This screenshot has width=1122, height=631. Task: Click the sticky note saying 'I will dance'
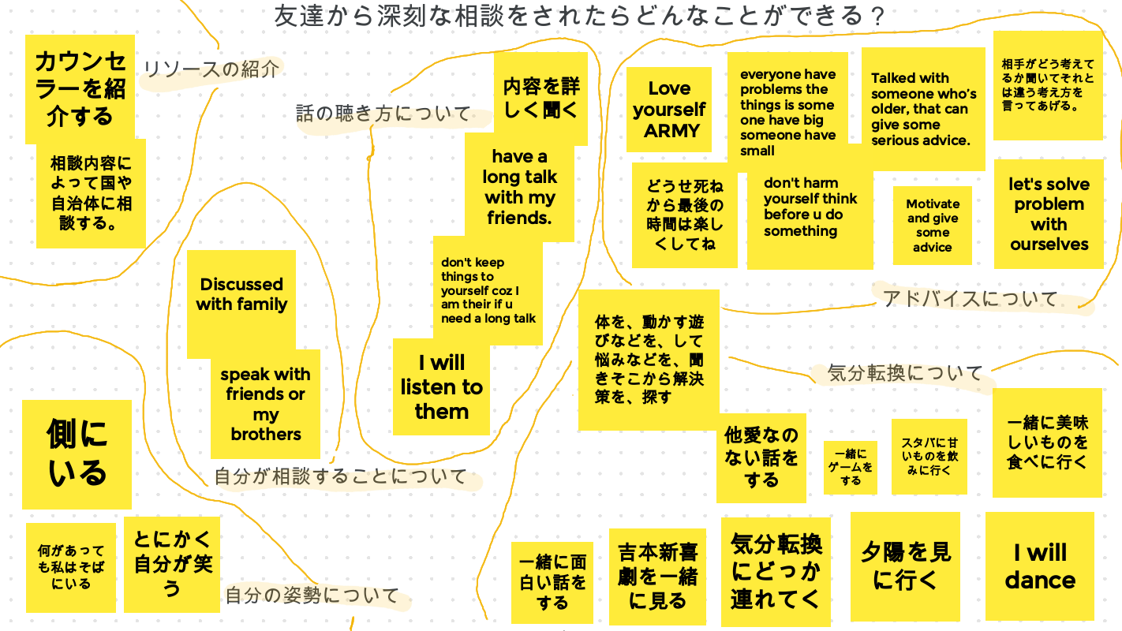tap(1040, 566)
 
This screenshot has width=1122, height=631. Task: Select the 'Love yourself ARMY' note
tap(668, 110)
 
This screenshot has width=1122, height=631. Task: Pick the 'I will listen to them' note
tap(441, 387)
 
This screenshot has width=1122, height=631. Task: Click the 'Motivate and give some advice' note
tap(933, 226)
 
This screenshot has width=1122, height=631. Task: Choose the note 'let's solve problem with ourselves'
tap(1049, 214)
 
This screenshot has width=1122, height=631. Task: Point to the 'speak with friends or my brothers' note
tap(265, 404)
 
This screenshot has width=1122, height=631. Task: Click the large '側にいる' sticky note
tap(77, 454)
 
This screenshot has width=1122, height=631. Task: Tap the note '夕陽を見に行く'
tap(905, 566)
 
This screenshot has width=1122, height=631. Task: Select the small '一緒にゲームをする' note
tap(850, 467)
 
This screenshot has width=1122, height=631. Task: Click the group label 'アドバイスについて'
tap(970, 299)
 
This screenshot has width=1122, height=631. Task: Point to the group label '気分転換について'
tap(905, 372)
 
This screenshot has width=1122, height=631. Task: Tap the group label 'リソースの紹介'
tap(211, 69)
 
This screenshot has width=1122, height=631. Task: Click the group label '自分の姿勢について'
tap(312, 596)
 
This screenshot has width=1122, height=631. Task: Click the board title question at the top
tap(579, 16)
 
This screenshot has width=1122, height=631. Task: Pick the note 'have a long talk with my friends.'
tap(519, 187)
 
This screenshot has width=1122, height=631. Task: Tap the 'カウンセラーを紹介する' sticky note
tap(80, 88)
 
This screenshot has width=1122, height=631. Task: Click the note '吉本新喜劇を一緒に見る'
tap(658, 577)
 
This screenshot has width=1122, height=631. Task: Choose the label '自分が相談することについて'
tap(341, 477)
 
